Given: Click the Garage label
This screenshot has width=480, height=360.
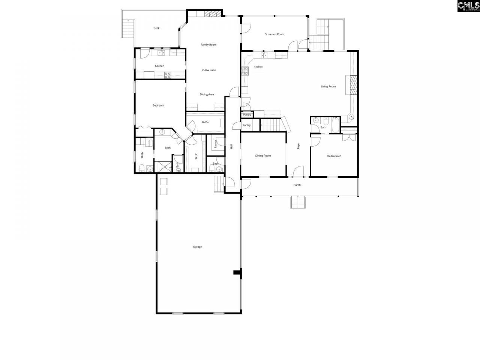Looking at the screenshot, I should (197, 247).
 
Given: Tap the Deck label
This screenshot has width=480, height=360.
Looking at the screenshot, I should (156, 28).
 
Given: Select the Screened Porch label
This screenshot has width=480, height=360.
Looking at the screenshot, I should (274, 34).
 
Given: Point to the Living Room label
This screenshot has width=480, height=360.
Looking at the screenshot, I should (328, 87).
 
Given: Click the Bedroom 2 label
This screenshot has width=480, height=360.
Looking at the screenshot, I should (334, 156).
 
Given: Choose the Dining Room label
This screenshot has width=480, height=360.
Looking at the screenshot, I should (263, 156).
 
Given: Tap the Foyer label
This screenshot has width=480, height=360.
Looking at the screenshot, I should (298, 145).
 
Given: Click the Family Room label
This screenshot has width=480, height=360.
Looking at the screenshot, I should (208, 45).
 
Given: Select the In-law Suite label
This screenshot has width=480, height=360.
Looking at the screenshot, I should (208, 70).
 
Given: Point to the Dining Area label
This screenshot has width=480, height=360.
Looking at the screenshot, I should (207, 94).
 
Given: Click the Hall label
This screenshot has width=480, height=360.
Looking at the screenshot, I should (231, 146).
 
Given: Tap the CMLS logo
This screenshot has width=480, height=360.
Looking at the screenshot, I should (468, 6).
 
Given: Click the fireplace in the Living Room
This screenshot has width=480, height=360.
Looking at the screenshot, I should (352, 86).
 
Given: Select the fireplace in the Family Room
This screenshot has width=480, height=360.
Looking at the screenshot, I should (213, 14).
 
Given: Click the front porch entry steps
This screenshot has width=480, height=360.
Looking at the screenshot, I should (298, 202).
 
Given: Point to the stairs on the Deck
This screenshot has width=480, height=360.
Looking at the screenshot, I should (129, 28).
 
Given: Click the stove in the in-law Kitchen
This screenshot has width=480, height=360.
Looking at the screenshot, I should (168, 75).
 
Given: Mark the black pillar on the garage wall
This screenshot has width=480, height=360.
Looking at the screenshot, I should (237, 272).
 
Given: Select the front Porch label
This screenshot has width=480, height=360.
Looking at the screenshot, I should (297, 185).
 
